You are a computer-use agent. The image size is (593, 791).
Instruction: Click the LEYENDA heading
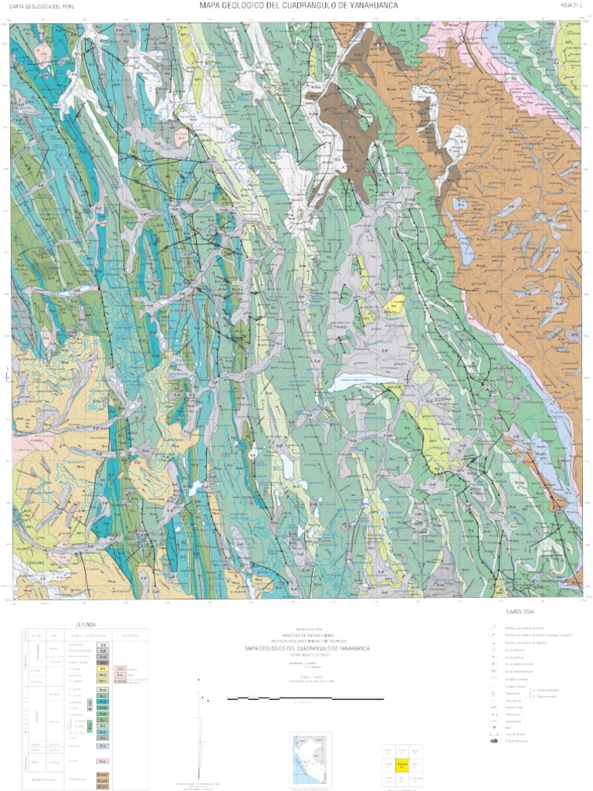point(85,623)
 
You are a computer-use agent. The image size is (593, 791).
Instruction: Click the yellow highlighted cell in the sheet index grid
point(401,766)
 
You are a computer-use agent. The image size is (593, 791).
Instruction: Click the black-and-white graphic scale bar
point(305,698)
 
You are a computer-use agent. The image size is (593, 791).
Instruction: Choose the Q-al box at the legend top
point(102,643)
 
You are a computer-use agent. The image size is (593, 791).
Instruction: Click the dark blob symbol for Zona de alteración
point(494,741)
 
